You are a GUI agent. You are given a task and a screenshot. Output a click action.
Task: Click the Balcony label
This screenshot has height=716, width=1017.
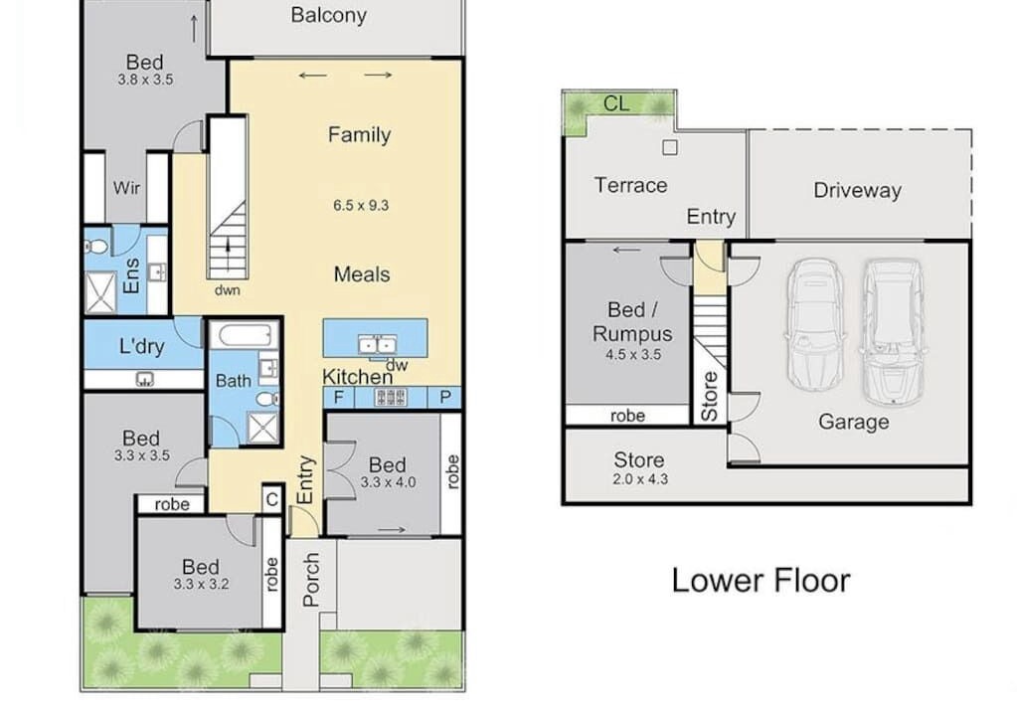(329, 15)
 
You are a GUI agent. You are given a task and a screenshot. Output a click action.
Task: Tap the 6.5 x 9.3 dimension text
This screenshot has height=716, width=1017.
(361, 206)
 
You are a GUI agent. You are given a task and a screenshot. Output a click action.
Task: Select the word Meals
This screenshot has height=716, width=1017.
(362, 274)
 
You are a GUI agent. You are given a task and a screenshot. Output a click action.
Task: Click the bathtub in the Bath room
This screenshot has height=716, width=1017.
(246, 336)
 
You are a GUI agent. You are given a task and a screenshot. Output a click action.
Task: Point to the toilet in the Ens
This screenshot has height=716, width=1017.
(96, 247)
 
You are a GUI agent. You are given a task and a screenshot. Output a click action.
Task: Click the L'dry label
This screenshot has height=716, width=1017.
(141, 346)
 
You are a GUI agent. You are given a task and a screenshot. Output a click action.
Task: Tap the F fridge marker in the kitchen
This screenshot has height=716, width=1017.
(339, 397)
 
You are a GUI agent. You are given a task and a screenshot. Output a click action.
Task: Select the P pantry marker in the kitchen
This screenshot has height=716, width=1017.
(445, 397)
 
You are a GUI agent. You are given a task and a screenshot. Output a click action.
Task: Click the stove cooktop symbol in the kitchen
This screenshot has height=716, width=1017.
(391, 397)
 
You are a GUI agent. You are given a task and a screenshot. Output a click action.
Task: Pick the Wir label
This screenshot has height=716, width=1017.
(126, 188)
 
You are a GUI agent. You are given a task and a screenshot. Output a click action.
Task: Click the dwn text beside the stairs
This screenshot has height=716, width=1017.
(227, 290)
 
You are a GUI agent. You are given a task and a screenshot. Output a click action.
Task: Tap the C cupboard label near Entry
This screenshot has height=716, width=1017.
(272, 499)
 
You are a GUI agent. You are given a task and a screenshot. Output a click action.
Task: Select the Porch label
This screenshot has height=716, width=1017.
(311, 579)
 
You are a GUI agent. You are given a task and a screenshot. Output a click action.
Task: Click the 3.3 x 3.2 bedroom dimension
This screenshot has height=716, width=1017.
(201, 584)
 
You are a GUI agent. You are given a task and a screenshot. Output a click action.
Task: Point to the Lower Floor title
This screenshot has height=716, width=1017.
(761, 581)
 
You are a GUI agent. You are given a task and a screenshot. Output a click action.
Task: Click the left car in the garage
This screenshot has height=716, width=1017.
(814, 323)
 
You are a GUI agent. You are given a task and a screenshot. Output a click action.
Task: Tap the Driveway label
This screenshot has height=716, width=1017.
(858, 190)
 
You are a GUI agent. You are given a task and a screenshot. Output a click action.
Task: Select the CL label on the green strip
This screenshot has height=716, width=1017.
(616, 103)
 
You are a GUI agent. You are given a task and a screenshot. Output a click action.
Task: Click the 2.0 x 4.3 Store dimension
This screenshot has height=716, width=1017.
(640, 479)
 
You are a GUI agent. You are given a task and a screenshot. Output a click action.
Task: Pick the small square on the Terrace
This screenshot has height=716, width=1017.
(670, 148)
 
